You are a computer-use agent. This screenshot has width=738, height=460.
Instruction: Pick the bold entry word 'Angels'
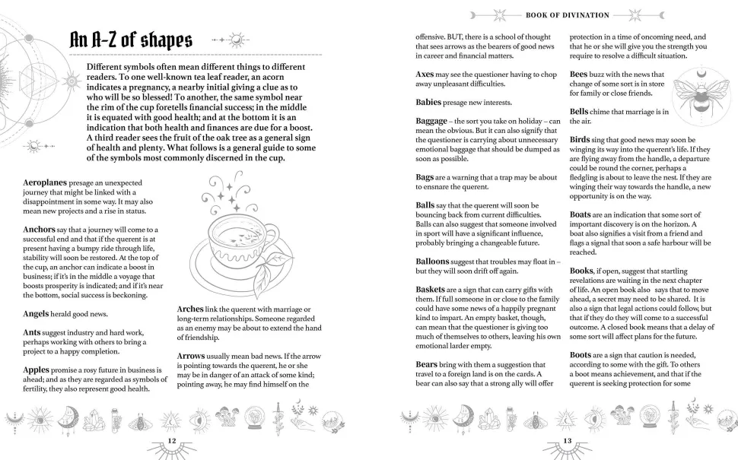[x=38, y=313]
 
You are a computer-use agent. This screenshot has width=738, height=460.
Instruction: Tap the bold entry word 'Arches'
[x=190, y=308]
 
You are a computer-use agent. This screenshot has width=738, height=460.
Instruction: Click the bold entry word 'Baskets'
[x=434, y=289]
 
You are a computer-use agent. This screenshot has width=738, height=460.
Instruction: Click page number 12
[x=172, y=441]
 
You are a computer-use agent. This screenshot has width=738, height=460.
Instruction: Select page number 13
[x=566, y=441]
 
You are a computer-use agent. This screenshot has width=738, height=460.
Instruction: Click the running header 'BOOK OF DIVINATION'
[x=567, y=14]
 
